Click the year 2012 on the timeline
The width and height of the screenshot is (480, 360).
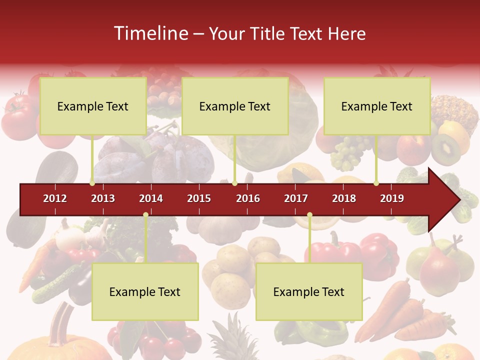[55, 198]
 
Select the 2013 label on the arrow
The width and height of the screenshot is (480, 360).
[103, 198]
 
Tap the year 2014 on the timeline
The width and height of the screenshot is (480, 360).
[151, 198]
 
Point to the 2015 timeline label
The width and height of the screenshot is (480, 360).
[199, 198]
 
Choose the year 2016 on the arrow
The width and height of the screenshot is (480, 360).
[248, 198]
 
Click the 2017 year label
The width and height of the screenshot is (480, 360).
[296, 198]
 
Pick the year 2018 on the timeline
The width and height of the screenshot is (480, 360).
[344, 198]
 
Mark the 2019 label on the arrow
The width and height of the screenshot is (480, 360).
[392, 198]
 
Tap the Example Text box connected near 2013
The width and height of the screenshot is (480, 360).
[93, 106]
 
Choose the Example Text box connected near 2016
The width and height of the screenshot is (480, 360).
[235, 106]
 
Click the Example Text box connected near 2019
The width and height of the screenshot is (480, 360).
[377, 106]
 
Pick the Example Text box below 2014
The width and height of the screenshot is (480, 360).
[145, 291]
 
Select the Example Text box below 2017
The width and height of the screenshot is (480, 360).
[309, 291]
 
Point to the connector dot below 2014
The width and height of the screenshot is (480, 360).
[145, 215]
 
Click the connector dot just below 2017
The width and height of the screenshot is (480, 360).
[309, 215]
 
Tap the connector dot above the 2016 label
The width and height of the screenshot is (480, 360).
[234, 183]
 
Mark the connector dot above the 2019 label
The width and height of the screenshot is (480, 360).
[376, 183]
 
